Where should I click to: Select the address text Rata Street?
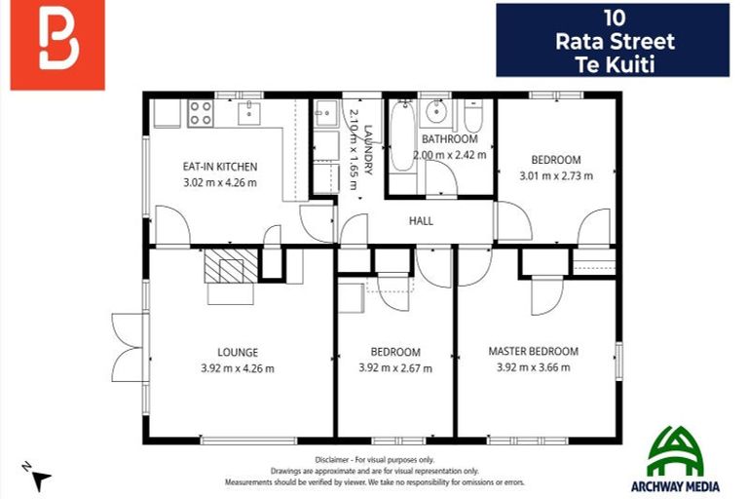point(614,41)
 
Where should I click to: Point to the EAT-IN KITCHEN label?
point(220,167)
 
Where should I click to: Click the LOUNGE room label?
point(238,352)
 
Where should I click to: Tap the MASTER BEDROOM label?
point(533,351)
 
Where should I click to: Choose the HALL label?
point(421,221)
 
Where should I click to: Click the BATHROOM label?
point(450,139)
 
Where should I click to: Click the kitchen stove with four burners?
point(201,112)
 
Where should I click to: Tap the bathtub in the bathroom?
point(400,136)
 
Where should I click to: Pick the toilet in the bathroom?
point(473,117)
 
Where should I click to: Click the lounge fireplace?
point(231,265)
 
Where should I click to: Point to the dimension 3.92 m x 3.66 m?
point(533,367)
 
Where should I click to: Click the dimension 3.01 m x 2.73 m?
point(555,176)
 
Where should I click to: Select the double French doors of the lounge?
point(127,348)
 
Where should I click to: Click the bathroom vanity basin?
point(435,111)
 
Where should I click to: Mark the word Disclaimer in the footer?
point(336,459)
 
